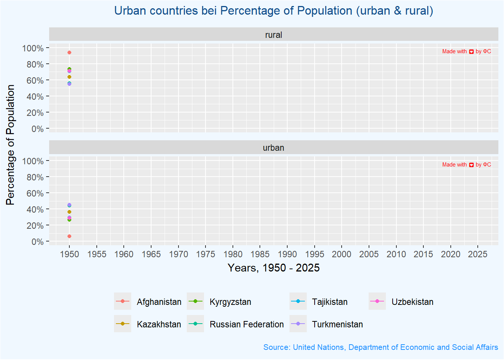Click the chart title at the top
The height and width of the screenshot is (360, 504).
point(274,10)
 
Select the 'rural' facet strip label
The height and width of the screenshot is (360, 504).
point(273,35)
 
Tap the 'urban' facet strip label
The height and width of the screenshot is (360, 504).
point(273,148)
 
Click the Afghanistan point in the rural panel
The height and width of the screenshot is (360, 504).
point(69,52)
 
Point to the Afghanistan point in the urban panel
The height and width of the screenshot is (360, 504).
point(69,236)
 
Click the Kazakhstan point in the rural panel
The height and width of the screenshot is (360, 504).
point(69,77)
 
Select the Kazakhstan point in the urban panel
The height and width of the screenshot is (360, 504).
point(69,212)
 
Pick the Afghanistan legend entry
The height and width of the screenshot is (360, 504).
point(159,302)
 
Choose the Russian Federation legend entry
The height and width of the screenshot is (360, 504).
point(246,324)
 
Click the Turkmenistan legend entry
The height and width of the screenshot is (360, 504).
point(337,324)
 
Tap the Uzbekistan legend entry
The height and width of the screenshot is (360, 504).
point(412,302)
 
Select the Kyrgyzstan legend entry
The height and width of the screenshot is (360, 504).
point(230,302)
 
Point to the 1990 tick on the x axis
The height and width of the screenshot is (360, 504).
point(287,254)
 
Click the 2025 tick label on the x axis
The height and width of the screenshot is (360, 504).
point(478,254)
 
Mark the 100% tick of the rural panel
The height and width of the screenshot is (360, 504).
point(33,48)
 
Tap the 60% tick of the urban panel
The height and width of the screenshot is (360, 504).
point(35,193)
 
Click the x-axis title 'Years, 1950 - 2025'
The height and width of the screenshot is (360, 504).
point(273,268)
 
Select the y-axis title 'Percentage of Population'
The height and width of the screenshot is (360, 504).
point(10,145)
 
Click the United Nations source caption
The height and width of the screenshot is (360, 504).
point(381,347)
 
